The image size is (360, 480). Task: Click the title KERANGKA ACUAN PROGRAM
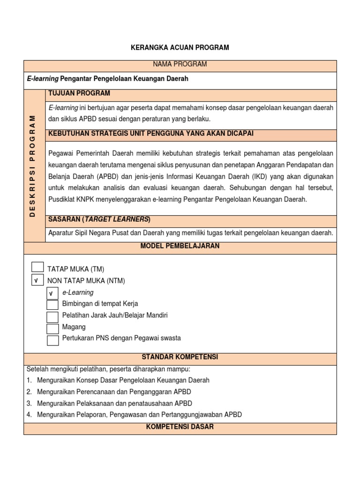pos(180,47)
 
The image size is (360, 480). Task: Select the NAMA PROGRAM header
pos(180,64)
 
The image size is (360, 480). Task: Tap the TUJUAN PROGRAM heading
pos(79,93)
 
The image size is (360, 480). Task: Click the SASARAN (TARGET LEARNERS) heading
pos(99,219)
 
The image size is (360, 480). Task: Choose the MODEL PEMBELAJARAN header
pos(180,246)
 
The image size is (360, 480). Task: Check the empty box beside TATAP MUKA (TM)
pos(37,268)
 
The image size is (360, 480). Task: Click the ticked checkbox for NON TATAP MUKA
pos(37,280)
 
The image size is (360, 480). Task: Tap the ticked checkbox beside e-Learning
pos(53,293)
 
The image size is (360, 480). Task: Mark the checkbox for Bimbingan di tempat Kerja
pos(53,305)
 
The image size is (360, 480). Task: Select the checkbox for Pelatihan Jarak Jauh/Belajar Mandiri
pos(53,317)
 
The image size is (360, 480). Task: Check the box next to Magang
pos(53,328)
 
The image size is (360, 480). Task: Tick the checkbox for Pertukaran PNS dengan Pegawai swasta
pos(53,340)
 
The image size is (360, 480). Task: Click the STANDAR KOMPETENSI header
pos(180,357)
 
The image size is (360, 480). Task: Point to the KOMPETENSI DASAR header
pos(180,427)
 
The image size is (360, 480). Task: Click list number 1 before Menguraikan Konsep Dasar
pos(29,380)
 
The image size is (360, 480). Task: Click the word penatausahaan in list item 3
pos(151,403)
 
